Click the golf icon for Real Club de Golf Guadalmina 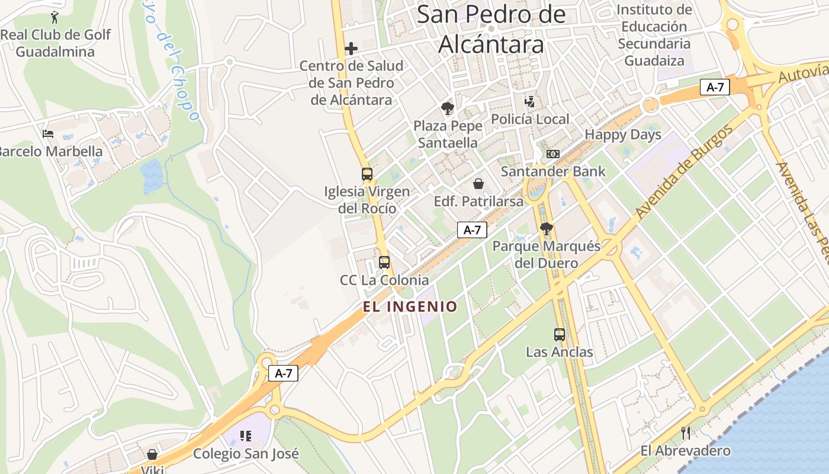(55, 17)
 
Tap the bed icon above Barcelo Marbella (48, 134)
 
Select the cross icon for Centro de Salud (351, 49)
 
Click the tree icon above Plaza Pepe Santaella (448, 108)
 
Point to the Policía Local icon (530, 102)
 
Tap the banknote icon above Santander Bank (552, 154)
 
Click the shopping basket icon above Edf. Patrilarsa (478, 184)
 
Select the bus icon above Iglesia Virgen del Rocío (367, 174)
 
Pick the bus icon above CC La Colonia (384, 262)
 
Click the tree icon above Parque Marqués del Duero (547, 229)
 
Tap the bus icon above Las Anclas (560, 335)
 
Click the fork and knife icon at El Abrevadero (686, 433)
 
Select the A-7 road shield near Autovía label (715, 87)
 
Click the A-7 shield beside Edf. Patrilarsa (472, 230)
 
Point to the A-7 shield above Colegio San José (283, 373)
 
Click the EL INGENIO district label (410, 306)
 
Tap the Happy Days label (623, 134)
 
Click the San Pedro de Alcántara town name (491, 29)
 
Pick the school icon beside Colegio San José (246, 437)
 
